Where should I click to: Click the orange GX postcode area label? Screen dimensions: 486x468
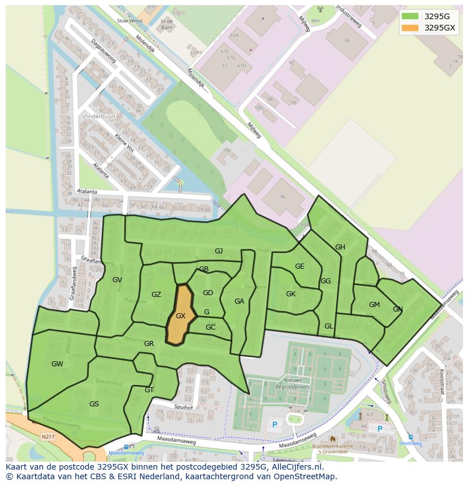coord(180,316)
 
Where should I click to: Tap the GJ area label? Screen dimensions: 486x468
coord(219,251)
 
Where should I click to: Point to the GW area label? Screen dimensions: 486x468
coord(57,364)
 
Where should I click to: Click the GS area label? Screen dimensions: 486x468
coord(94,404)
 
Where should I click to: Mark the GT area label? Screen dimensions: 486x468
coord(149,389)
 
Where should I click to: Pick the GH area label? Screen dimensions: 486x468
coord(340,247)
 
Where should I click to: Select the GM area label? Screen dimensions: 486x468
coord(374,305)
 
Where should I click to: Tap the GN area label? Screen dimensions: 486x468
coord(398,309)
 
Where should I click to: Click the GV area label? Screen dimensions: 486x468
coord(117,279)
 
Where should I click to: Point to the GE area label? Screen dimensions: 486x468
coord(300,266)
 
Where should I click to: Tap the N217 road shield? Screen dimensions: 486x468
coord(47,436)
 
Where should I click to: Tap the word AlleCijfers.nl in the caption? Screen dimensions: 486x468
coord(297,467)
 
